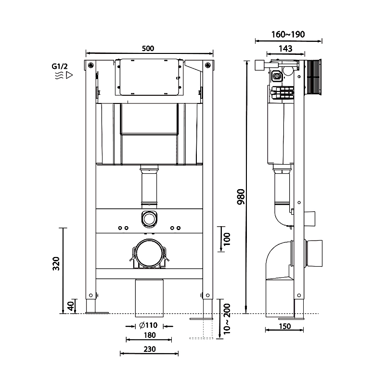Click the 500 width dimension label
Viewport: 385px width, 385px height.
[148, 48]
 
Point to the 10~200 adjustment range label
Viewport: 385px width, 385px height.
[228, 318]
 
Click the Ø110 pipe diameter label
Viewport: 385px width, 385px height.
[148, 326]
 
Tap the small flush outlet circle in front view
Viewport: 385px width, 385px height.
[149, 218]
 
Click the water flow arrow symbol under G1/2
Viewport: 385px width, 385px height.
[64, 76]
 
